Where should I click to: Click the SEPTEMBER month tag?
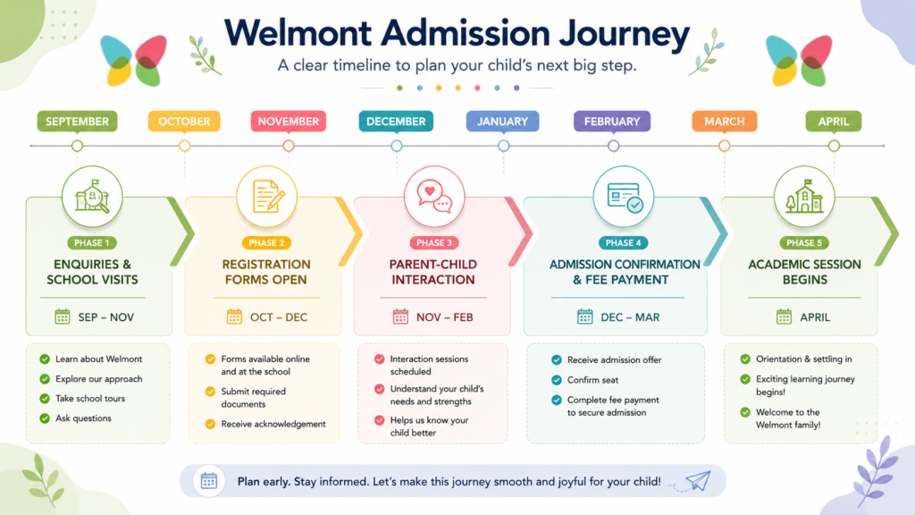[77, 122]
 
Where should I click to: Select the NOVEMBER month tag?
[289, 122]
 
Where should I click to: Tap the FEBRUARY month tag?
[612, 122]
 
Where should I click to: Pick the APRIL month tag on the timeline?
[834, 122]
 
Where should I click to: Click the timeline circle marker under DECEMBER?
[397, 146]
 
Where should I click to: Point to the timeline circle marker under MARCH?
[724, 146]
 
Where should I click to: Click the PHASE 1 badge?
[92, 243]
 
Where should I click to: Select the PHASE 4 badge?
[623, 243]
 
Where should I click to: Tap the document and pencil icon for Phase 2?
[267, 196]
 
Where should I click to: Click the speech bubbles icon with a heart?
[434, 196]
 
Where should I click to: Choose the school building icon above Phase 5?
[804, 196]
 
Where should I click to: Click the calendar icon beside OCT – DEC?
[234, 317]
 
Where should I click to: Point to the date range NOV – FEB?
[445, 317]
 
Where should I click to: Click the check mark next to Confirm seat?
[556, 380]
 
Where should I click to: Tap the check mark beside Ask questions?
[45, 418]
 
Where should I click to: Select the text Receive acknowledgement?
[273, 424]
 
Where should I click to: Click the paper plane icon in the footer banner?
[698, 481]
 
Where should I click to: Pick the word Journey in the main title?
[624, 34]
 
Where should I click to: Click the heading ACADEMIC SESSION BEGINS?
[805, 272]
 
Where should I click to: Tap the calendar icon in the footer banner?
[209, 481]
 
